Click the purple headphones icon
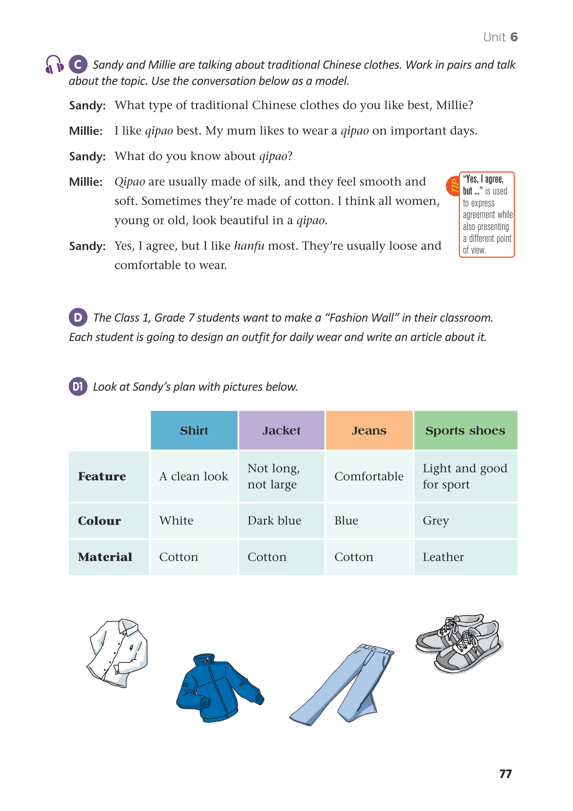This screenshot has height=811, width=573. click(x=54, y=64)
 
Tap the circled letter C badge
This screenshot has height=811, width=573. click(x=78, y=64)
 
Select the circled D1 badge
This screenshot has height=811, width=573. click(x=78, y=386)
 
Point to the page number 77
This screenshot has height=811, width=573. click(x=505, y=774)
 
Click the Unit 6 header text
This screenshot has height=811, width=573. click(x=500, y=37)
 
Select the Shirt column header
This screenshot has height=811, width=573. click(x=194, y=430)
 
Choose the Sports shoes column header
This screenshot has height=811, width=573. click(x=465, y=430)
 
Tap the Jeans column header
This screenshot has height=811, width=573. click(x=369, y=430)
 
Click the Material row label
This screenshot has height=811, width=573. click(x=105, y=557)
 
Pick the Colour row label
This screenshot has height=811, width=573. click(x=99, y=521)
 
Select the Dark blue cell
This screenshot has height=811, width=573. click(x=274, y=521)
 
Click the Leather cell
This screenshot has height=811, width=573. click(x=443, y=557)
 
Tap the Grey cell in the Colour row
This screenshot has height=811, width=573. click(x=436, y=521)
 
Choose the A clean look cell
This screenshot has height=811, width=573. click(x=193, y=476)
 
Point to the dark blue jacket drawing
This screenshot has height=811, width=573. click(x=219, y=689)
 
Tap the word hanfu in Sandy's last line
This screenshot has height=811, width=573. click(x=249, y=246)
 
